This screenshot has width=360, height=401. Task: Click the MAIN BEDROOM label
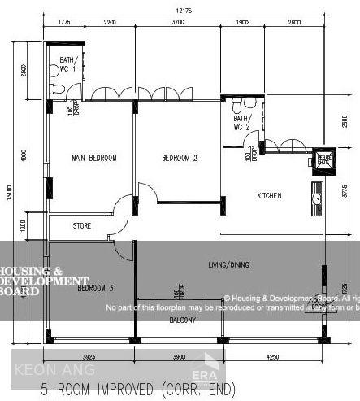(x=94, y=158)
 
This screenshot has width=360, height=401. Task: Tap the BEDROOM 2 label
(x=180, y=158)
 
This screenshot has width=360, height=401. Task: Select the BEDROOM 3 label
(x=95, y=288)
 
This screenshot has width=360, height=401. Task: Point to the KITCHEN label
(x=269, y=196)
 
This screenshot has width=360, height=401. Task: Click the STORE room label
(x=81, y=225)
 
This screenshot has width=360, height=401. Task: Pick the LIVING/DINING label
(x=229, y=264)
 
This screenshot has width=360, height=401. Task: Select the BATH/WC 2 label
(x=243, y=123)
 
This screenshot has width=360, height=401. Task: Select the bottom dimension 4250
(x=272, y=356)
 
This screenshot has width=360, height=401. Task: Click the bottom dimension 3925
(x=89, y=356)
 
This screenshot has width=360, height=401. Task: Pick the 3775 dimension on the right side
(x=345, y=191)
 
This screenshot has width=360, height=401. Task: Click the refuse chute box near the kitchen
(x=323, y=159)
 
